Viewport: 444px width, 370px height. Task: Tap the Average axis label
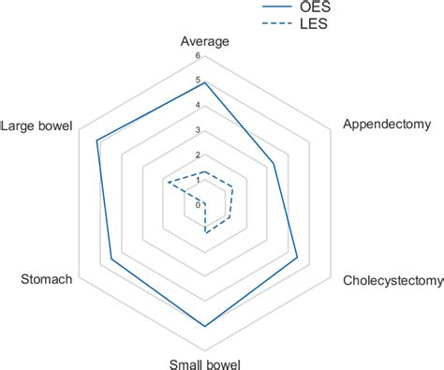click(x=205, y=41)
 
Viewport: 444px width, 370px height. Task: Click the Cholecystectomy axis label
click(x=392, y=280)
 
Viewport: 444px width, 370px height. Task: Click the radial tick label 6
click(x=198, y=55)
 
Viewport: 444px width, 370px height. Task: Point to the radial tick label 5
click(x=198, y=81)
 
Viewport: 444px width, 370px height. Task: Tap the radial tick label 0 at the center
click(x=198, y=204)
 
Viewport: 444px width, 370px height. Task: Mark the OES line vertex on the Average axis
click(x=205, y=82)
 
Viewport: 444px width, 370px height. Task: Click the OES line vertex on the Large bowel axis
click(x=96, y=141)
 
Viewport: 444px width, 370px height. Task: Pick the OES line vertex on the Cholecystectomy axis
click(x=297, y=258)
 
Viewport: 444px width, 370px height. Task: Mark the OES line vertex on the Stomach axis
click(x=112, y=258)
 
